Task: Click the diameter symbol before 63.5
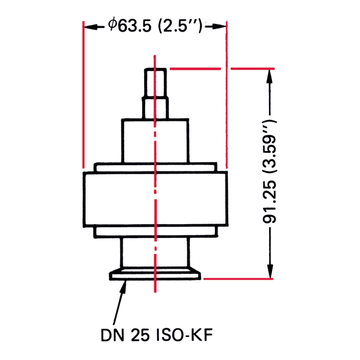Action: (x=113, y=24)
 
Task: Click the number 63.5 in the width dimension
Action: (x=135, y=26)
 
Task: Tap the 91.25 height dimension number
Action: (x=269, y=202)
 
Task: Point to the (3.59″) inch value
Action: (x=270, y=146)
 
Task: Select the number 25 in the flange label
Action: (x=140, y=335)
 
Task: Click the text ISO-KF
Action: (x=184, y=335)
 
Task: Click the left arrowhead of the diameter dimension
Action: (x=91, y=27)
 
